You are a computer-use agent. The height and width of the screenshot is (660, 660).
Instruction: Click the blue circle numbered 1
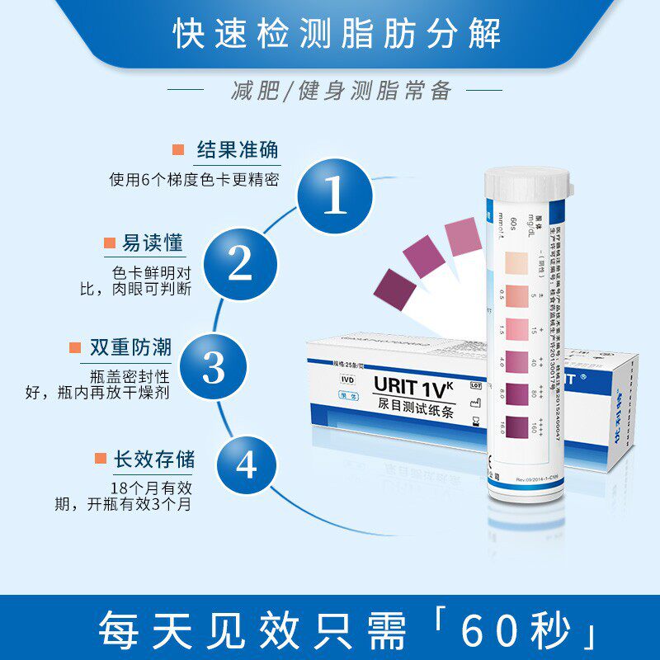[x=335, y=196]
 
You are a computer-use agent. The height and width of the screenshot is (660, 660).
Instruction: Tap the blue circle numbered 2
[x=240, y=263]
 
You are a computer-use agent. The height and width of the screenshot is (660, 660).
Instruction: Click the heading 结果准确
[x=237, y=150]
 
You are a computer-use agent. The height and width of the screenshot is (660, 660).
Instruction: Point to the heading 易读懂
[x=153, y=243]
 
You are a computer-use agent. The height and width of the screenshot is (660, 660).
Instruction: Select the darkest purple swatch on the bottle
[x=516, y=428]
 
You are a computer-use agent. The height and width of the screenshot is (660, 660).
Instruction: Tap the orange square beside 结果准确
[x=177, y=150]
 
